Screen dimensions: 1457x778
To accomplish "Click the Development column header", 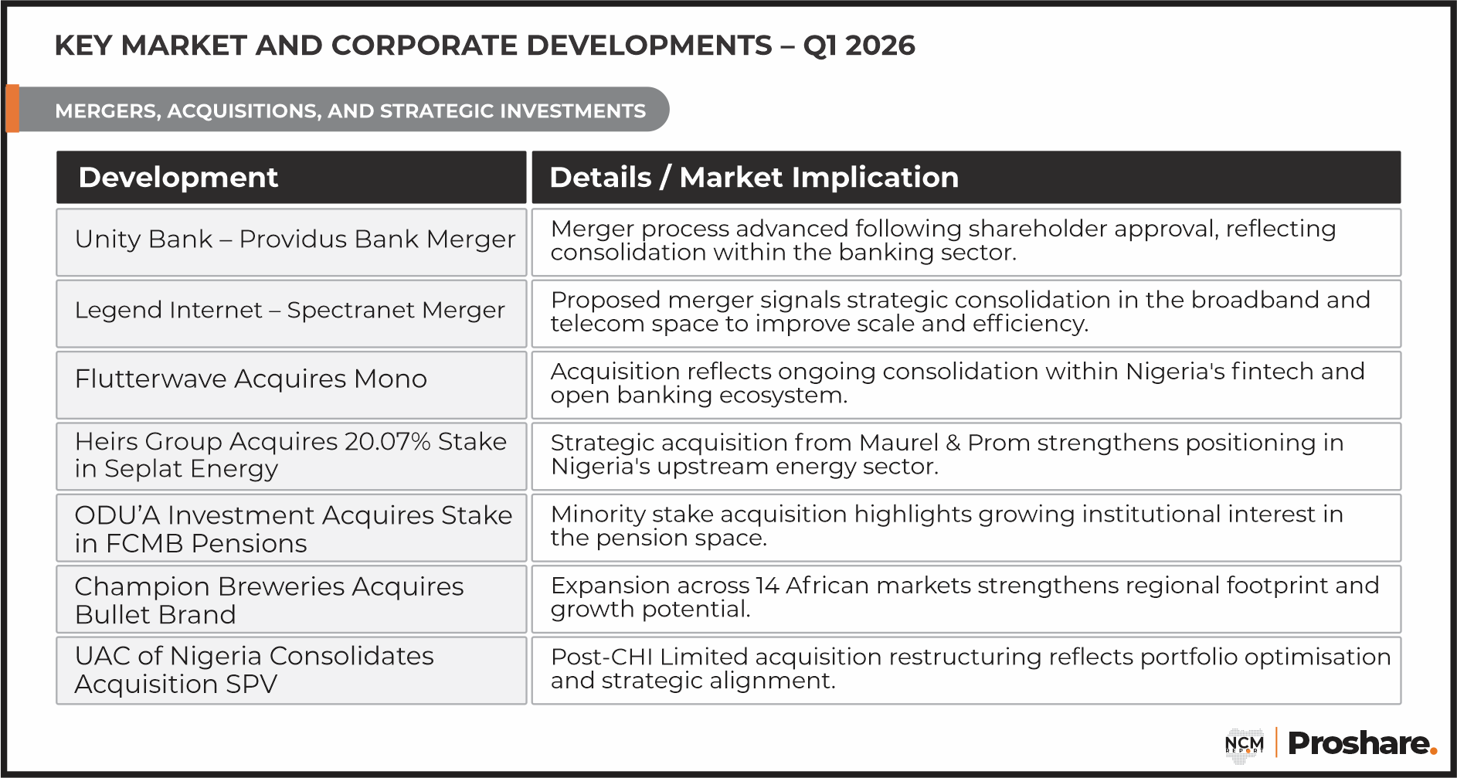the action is [x=291, y=177].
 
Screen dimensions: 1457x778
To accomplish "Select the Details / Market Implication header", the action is [x=966, y=177].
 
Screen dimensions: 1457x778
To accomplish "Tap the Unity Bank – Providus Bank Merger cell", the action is [x=291, y=242].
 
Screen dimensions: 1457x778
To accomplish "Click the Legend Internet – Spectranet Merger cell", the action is [x=291, y=313].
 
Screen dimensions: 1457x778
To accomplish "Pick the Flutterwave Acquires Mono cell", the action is [x=291, y=385].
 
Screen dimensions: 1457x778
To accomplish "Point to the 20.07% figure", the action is [x=387, y=441].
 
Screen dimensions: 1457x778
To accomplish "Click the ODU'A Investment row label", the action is [x=291, y=528].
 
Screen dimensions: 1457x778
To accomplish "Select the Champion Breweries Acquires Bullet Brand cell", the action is [x=291, y=599].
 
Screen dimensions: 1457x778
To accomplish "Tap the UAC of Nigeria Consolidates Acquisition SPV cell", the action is [x=291, y=670].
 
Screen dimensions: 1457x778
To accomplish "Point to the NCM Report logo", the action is [x=1245, y=745].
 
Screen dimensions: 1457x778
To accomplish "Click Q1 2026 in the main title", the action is [x=859, y=46].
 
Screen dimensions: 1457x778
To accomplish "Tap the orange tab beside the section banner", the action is [x=12, y=108].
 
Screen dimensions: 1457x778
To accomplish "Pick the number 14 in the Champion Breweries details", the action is [x=767, y=586].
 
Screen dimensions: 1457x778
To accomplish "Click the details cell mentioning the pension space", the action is [x=966, y=528].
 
